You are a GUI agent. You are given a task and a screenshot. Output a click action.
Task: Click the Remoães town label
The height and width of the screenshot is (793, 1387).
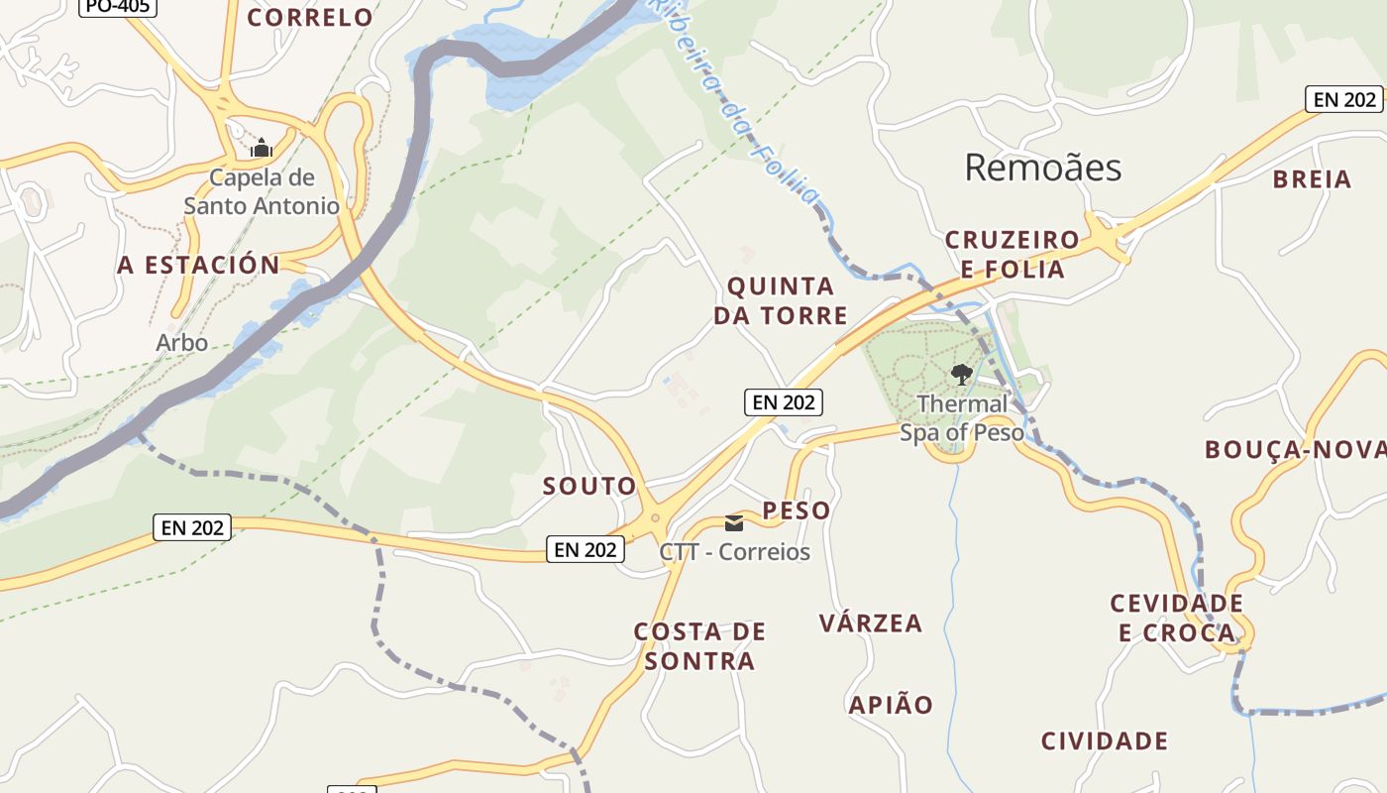1042,168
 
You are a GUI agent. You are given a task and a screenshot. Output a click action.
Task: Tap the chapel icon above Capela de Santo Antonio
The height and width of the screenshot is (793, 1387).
262,149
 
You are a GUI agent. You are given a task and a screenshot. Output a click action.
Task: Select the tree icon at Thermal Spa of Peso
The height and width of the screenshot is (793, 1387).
960,374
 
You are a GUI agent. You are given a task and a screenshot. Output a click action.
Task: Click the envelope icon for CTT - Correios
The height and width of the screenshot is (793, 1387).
734,522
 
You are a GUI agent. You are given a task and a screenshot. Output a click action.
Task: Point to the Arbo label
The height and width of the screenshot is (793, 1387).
182,343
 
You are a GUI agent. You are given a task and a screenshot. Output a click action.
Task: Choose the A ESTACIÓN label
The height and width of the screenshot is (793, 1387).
199,265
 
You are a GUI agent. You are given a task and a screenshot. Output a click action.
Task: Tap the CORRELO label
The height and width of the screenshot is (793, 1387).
310,17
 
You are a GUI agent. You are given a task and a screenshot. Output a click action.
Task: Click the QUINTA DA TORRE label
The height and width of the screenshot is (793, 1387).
788,301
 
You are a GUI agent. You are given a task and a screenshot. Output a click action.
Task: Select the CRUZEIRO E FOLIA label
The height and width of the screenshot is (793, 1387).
1012,255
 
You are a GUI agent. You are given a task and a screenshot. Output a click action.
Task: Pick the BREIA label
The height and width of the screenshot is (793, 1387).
1312,179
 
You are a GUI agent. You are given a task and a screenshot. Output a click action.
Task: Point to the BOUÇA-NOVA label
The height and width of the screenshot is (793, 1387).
1294,450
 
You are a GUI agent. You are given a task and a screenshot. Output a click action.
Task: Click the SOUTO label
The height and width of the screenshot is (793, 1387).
589,487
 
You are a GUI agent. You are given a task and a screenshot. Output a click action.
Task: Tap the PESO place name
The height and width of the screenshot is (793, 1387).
797,510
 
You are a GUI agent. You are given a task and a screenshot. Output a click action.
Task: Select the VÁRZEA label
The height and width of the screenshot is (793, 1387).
871,623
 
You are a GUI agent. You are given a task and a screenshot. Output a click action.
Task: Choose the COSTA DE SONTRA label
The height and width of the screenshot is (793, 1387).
699,646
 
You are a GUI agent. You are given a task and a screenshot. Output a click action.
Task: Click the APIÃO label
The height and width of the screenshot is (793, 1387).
891,705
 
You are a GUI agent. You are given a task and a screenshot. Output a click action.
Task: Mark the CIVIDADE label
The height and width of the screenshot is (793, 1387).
1105,740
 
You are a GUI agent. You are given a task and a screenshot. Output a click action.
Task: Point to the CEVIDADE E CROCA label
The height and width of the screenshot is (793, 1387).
1177,618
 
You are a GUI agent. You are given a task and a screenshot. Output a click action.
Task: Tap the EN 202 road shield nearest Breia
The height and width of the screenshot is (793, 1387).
1343,99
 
